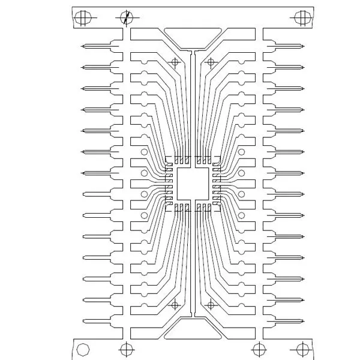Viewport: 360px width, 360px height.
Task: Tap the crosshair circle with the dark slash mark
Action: [x=126, y=17]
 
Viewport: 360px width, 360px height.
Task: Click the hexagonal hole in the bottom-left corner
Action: [x=83, y=349]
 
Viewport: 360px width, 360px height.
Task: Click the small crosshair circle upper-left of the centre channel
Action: [x=175, y=61]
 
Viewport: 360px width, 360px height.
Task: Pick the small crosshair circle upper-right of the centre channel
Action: [x=211, y=61]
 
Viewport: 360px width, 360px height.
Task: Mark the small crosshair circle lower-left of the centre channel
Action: [x=175, y=305]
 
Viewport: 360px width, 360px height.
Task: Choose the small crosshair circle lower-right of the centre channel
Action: [x=211, y=305]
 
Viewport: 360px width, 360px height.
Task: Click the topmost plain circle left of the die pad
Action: [x=144, y=152]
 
